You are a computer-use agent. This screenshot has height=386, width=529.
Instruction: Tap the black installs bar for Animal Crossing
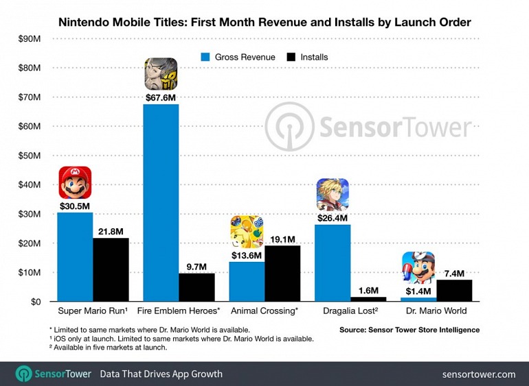tap(282, 274)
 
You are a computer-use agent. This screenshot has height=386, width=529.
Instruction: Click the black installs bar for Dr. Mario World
tap(454, 291)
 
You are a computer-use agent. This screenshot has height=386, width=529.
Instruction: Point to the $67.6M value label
tap(161, 97)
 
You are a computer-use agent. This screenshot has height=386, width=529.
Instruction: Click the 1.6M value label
tap(368, 291)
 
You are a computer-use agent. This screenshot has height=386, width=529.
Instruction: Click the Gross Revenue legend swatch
tap(204, 57)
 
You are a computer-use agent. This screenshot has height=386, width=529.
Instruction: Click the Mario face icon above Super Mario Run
tap(75, 183)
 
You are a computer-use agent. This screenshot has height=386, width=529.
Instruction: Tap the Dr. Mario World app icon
tap(418, 268)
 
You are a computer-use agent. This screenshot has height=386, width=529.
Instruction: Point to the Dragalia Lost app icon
tap(333, 195)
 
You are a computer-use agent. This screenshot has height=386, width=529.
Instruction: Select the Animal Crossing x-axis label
tap(264, 312)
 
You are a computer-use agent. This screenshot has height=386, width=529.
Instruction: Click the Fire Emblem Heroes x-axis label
tap(179, 312)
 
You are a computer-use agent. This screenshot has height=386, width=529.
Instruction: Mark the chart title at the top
tap(264, 22)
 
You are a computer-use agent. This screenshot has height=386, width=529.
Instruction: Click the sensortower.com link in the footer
tap(480, 374)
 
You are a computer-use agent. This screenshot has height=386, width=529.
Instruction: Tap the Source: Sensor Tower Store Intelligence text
tap(409, 330)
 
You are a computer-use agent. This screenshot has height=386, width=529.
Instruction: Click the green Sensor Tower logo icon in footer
tap(24, 374)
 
